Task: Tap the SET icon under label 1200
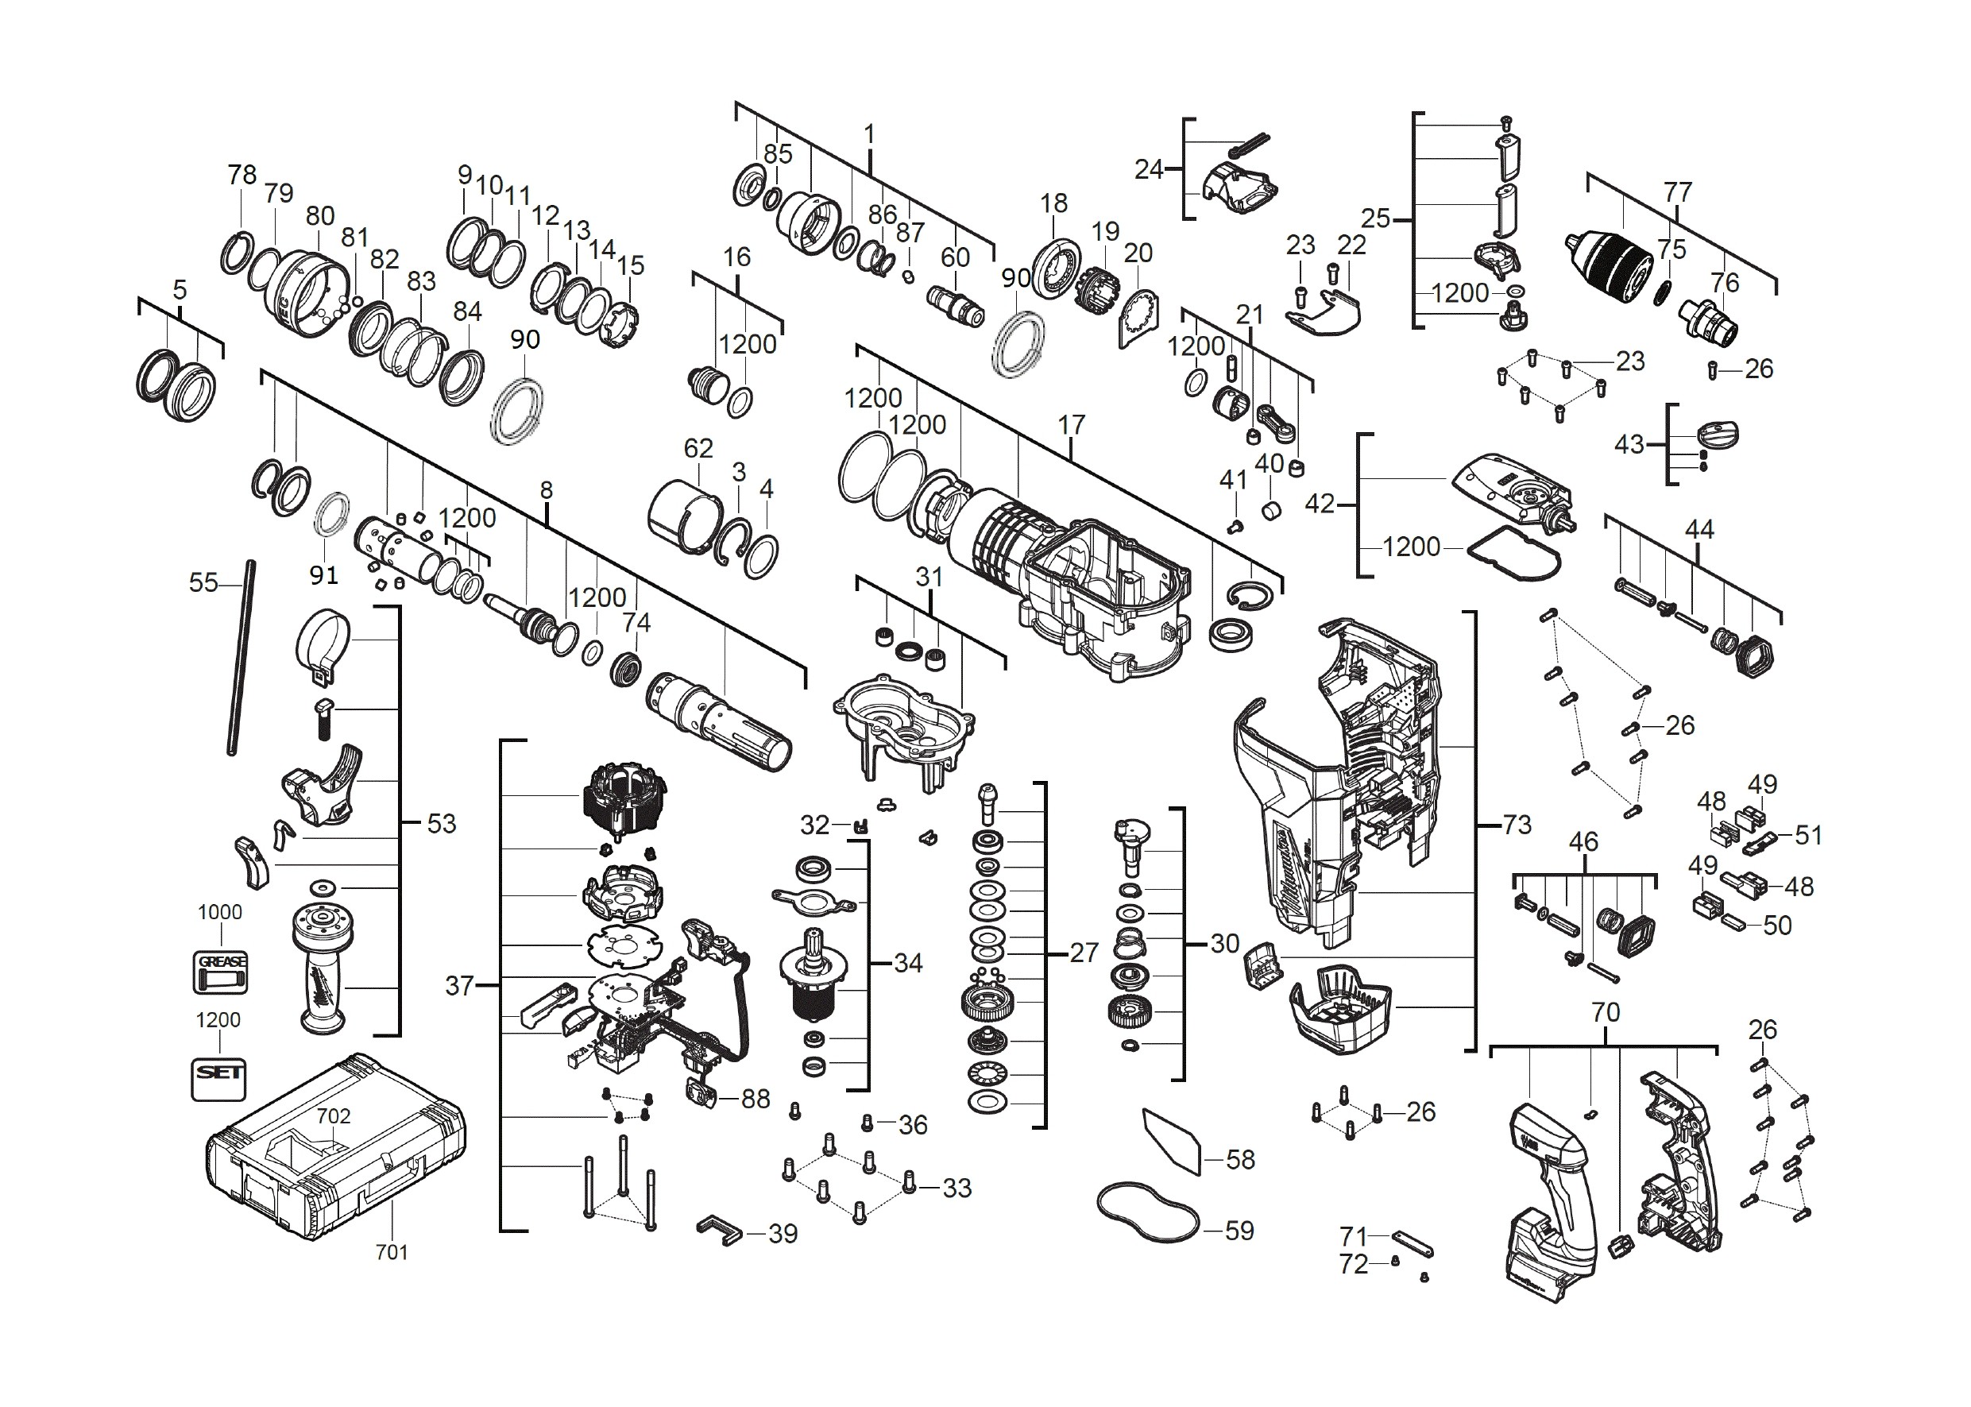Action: click(218, 1079)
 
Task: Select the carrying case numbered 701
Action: click(336, 1146)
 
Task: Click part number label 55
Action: click(203, 582)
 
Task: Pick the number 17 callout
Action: click(1071, 424)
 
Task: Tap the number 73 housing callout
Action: click(1516, 824)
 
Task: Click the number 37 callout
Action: click(460, 985)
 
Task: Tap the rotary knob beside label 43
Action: click(1716, 435)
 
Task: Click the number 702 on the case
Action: click(334, 1116)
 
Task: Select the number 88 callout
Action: click(756, 1099)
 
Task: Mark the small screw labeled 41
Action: click(1235, 525)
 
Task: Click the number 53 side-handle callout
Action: click(442, 823)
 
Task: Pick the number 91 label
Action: click(323, 574)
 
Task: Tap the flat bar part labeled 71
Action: click(1413, 1244)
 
